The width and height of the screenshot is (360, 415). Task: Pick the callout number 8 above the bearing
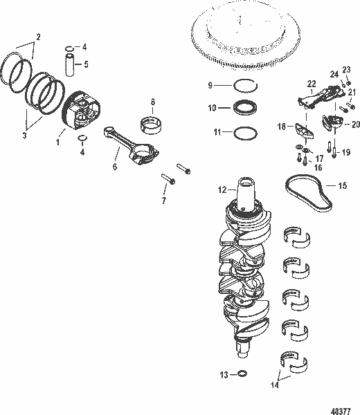pyautogui.click(x=152, y=103)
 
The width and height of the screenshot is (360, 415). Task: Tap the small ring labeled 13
pyautogui.click(x=242, y=375)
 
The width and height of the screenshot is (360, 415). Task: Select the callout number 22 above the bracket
pyautogui.click(x=312, y=83)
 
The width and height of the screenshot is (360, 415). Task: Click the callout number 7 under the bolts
pyautogui.click(x=164, y=201)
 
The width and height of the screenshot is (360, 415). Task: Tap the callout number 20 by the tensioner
pyautogui.click(x=356, y=124)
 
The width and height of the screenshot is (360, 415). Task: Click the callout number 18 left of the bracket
pyautogui.click(x=282, y=127)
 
